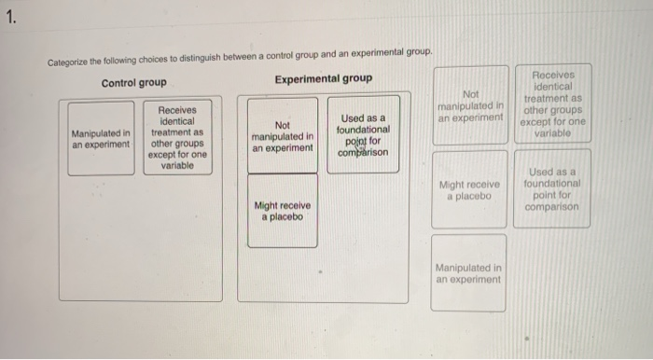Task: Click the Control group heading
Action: (x=135, y=82)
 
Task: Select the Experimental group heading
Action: (x=323, y=78)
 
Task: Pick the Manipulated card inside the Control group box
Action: (x=101, y=139)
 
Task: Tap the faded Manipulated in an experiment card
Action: (x=469, y=272)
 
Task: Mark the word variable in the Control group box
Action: (x=176, y=165)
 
